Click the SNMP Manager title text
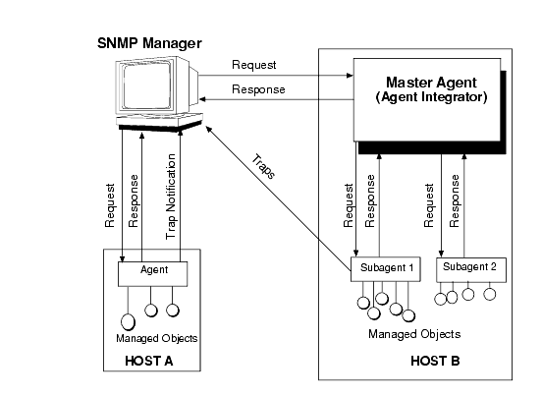coord(149,43)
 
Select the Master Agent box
coord(427,99)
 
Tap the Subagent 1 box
coord(386,269)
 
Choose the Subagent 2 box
coord(471,269)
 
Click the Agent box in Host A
coord(153,274)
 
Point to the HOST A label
coord(148,361)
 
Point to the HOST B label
coord(435,361)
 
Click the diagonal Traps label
coord(264,167)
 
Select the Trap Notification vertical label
coord(171,197)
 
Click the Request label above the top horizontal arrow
coord(254,65)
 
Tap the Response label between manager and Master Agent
coord(258,89)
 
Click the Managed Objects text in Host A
coord(156,338)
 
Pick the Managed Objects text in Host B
coord(414,334)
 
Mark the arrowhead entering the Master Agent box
coord(350,76)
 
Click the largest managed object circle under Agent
coord(128,322)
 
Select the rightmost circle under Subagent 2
coord(490,294)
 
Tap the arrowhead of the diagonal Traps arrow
coord(208,129)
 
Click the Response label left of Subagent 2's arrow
coord(455,200)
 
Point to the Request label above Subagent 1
coord(349,205)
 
